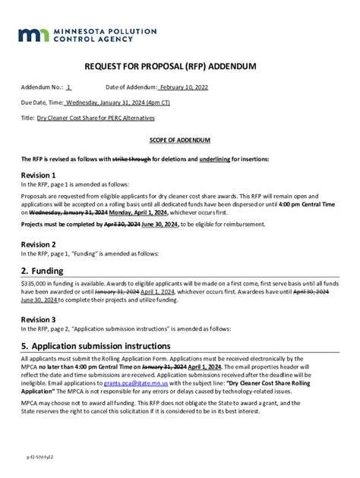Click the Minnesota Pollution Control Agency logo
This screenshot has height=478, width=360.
click(87, 35)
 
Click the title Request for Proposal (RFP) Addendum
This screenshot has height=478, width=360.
click(179, 67)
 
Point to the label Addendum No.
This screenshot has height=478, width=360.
click(41, 88)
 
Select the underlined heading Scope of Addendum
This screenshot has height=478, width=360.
click(179, 140)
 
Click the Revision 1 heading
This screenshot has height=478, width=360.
click(38, 175)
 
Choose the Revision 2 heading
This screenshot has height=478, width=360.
click(38, 244)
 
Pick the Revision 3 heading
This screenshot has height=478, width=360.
click(38, 319)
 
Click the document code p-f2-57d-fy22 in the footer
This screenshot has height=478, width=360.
click(40, 458)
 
